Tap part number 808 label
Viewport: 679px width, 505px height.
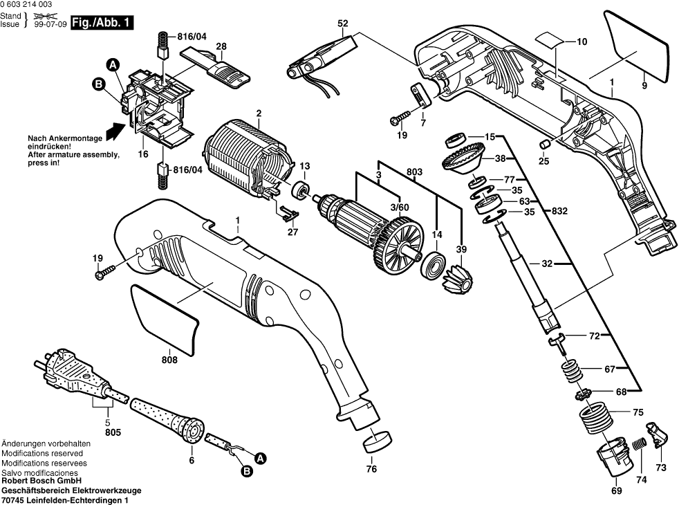pos(169,359)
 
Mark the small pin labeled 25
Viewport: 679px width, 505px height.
pos(545,143)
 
